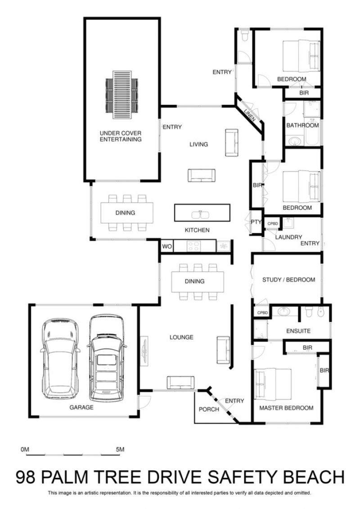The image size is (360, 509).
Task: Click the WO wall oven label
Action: [x=167, y=246]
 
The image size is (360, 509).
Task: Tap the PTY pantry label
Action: [x=256, y=222]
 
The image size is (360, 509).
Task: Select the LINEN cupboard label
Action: [x=250, y=115]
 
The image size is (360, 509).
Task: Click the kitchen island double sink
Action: [x=201, y=215]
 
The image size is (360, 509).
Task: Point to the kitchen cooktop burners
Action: [x=194, y=246]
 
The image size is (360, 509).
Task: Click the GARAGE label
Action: [x=81, y=407]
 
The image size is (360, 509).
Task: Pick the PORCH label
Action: [x=209, y=410]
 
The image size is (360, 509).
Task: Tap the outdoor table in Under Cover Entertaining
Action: [x=122, y=95]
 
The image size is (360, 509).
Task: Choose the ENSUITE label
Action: [x=298, y=331]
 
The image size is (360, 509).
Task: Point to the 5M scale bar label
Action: [x=120, y=450]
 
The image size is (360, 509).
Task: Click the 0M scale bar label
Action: [x=25, y=450]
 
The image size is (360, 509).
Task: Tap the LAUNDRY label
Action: [x=288, y=237]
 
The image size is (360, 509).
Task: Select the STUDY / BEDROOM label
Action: [x=288, y=279]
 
